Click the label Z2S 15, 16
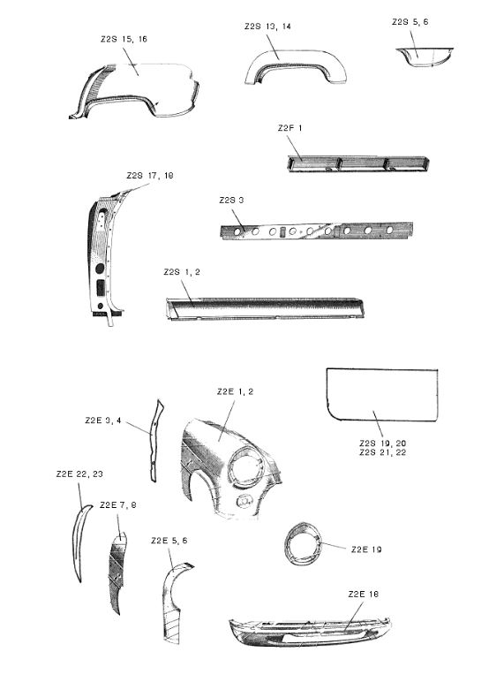pyautogui.click(x=124, y=39)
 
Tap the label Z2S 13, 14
pyautogui.click(x=267, y=27)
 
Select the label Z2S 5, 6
pyautogui.click(x=410, y=22)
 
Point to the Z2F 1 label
pyautogui.click(x=290, y=128)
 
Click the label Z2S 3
pyautogui.click(x=231, y=200)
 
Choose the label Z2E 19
pyautogui.click(x=366, y=549)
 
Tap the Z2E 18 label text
pyautogui.click(x=364, y=594)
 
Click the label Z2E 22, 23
pyautogui.click(x=79, y=474)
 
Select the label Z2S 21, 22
pyautogui.click(x=383, y=453)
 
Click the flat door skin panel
pyautogui.click(x=382, y=395)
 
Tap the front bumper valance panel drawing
pyautogui.click(x=310, y=631)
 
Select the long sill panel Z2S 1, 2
pyautogui.click(x=264, y=309)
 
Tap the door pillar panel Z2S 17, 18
pyautogui.click(x=103, y=256)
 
